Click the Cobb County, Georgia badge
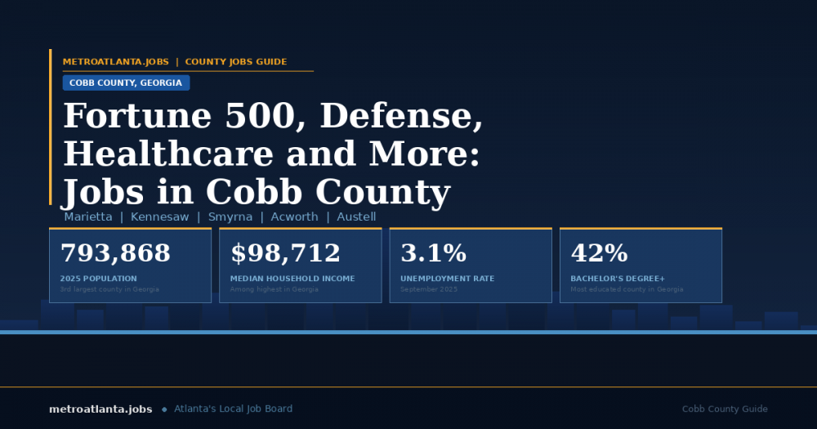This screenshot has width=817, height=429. point(126,83)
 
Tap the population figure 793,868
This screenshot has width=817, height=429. point(115,253)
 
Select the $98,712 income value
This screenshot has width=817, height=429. point(285,253)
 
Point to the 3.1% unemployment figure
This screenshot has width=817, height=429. point(433,253)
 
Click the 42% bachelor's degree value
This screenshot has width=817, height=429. point(599,253)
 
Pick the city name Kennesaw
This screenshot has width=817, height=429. point(159,217)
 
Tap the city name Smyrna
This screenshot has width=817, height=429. point(230,217)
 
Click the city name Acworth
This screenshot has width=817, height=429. point(295,217)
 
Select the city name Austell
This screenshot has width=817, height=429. point(356,217)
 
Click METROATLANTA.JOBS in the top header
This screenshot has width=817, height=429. point(116,62)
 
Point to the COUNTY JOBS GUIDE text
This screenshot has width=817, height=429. point(236,62)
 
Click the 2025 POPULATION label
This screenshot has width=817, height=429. point(99,279)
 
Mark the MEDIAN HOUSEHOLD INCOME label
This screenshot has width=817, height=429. point(292,279)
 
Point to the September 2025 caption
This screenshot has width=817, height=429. point(429,289)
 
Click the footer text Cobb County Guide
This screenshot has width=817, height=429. point(725,409)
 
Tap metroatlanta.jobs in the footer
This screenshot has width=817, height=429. point(100,409)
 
